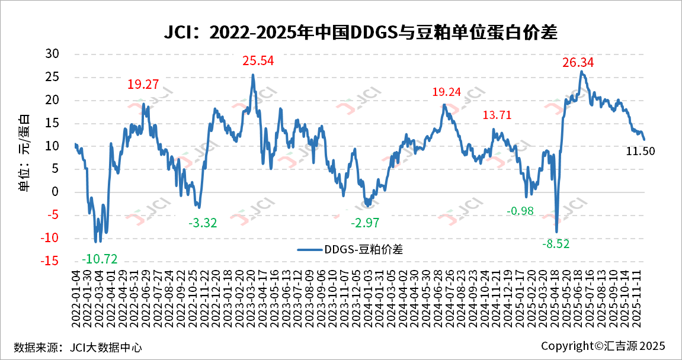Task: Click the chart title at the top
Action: coord(360,33)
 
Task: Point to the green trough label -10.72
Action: coord(99,258)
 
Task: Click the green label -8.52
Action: coord(555,242)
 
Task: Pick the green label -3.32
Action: coord(203,223)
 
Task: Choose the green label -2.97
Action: coord(364,223)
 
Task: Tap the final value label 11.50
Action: coord(641,151)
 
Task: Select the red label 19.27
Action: coord(143,84)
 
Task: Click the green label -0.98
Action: coord(521,211)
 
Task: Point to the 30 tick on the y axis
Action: coord(53,54)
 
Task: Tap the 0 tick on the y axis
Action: coord(56,192)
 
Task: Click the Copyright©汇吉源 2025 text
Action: coord(603,346)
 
